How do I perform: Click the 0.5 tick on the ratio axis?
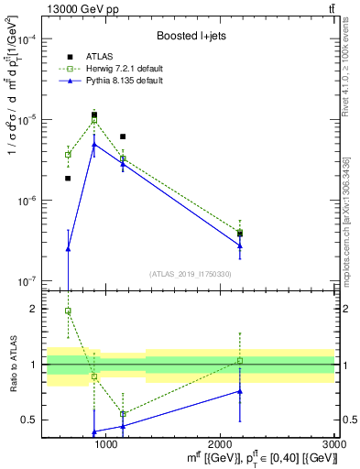(31, 420)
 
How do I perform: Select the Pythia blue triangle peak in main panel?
(94, 144)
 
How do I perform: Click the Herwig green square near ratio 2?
(68, 311)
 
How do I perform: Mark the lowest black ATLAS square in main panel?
(68, 179)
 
